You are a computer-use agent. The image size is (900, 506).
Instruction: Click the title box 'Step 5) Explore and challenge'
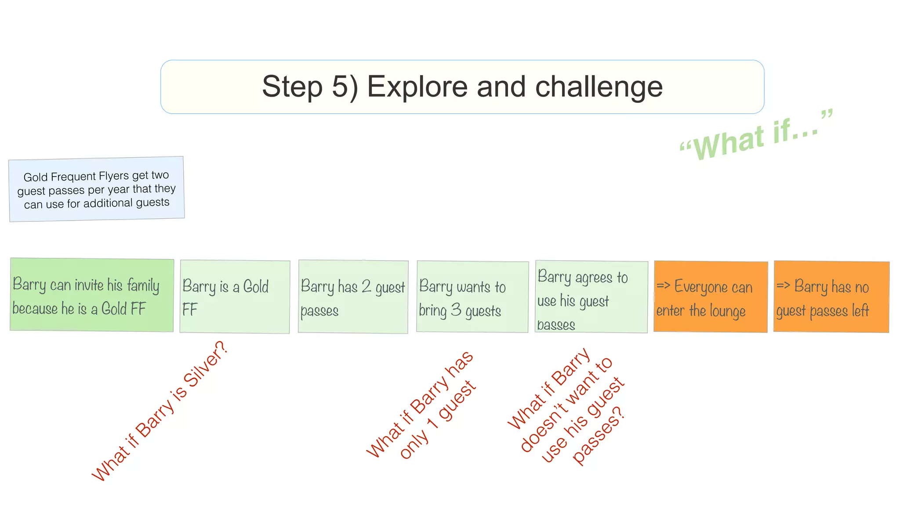click(x=462, y=87)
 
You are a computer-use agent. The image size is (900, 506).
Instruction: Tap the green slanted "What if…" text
click(x=756, y=136)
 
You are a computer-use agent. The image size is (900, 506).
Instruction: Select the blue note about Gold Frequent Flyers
click(x=97, y=189)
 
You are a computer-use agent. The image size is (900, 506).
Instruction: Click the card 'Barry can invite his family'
click(x=92, y=295)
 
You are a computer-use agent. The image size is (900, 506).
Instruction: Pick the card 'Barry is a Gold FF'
click(x=235, y=297)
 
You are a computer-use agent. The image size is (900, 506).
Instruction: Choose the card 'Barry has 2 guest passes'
click(x=353, y=297)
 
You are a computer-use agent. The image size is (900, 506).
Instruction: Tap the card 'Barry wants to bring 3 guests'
click(x=472, y=297)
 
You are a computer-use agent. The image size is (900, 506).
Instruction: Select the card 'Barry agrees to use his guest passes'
click(x=591, y=297)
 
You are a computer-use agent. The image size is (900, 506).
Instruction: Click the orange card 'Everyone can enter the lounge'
click(x=711, y=297)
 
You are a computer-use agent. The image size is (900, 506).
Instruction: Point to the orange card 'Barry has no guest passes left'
click(x=831, y=297)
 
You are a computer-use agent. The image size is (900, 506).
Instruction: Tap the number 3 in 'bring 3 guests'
click(x=456, y=310)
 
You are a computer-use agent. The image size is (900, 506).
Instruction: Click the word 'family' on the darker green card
click(x=143, y=286)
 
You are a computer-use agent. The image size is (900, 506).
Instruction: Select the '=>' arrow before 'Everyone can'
click(x=663, y=286)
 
